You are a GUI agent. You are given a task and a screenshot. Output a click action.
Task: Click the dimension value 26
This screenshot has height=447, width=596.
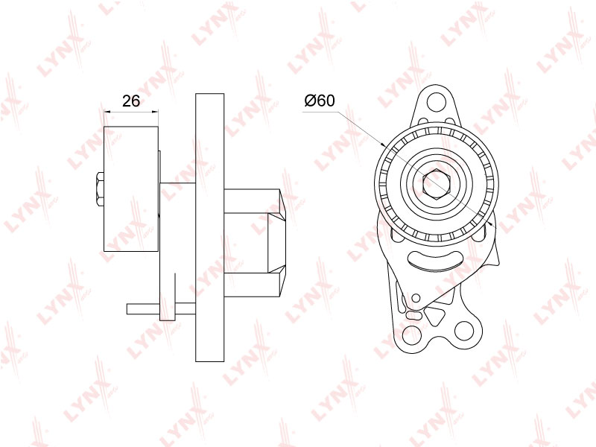coord(131,101)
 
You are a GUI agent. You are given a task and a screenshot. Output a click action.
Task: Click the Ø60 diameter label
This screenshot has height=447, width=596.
coord(320,101)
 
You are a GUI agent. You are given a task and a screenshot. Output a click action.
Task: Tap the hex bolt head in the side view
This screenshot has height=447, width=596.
coord(101,189)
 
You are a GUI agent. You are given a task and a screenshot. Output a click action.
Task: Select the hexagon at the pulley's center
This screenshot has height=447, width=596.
coord(436,185)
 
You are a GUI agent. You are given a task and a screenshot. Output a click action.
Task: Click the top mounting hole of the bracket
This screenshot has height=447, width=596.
coord(436,101)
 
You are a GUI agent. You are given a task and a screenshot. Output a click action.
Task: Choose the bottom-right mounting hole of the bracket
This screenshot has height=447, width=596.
coord(463,330)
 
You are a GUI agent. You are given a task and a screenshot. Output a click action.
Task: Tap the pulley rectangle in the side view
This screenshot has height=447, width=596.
coord(131,188)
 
